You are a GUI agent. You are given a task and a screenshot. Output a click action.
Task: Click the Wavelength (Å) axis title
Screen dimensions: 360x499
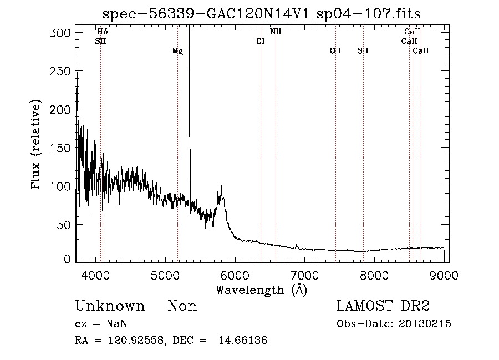[x=261, y=290]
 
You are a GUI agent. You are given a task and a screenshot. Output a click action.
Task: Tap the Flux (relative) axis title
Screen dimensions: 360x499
[x=37, y=146]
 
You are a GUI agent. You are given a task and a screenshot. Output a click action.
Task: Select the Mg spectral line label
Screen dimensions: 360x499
[x=177, y=52]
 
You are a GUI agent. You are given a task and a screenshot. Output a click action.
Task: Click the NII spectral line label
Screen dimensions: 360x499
[x=276, y=32]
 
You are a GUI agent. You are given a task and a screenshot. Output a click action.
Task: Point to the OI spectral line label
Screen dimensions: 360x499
[x=261, y=41]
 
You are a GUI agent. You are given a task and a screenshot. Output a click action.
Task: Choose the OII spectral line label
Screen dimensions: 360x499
[x=335, y=51]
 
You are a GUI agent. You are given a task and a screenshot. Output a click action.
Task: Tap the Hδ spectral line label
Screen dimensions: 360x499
[x=103, y=32]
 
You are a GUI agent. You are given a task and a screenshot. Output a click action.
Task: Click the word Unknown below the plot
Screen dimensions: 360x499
[x=109, y=306]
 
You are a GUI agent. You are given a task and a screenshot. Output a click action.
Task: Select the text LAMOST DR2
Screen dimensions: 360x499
[x=383, y=306]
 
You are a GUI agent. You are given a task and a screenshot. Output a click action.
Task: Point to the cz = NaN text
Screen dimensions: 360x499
[x=103, y=324]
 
